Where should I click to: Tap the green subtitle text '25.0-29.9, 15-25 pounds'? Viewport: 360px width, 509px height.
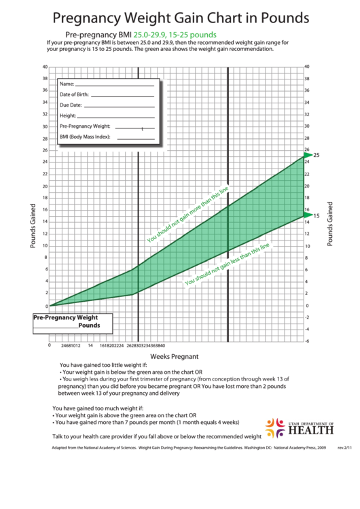[x=175, y=34]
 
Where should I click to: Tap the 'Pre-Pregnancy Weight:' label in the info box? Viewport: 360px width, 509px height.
[x=85, y=126]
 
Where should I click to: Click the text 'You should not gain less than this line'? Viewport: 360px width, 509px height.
[x=228, y=264]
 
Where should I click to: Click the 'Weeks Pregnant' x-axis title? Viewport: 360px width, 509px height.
[x=174, y=356]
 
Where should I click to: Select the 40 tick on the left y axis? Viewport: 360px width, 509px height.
[x=45, y=67]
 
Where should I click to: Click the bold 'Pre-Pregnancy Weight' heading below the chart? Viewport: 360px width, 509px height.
[x=66, y=317]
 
